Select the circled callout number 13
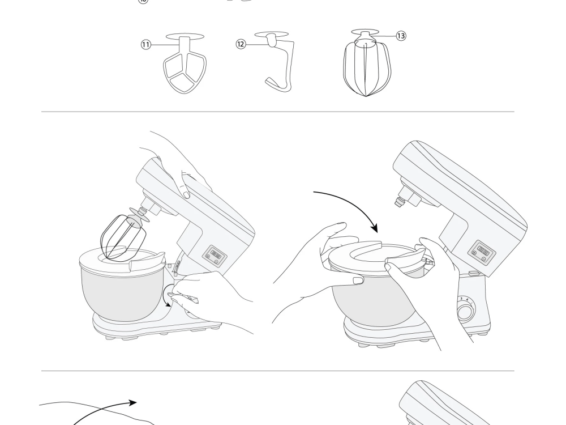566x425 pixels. [x=401, y=36]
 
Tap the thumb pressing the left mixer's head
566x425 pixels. [x=185, y=194]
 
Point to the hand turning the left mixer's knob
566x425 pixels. [x=209, y=295]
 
